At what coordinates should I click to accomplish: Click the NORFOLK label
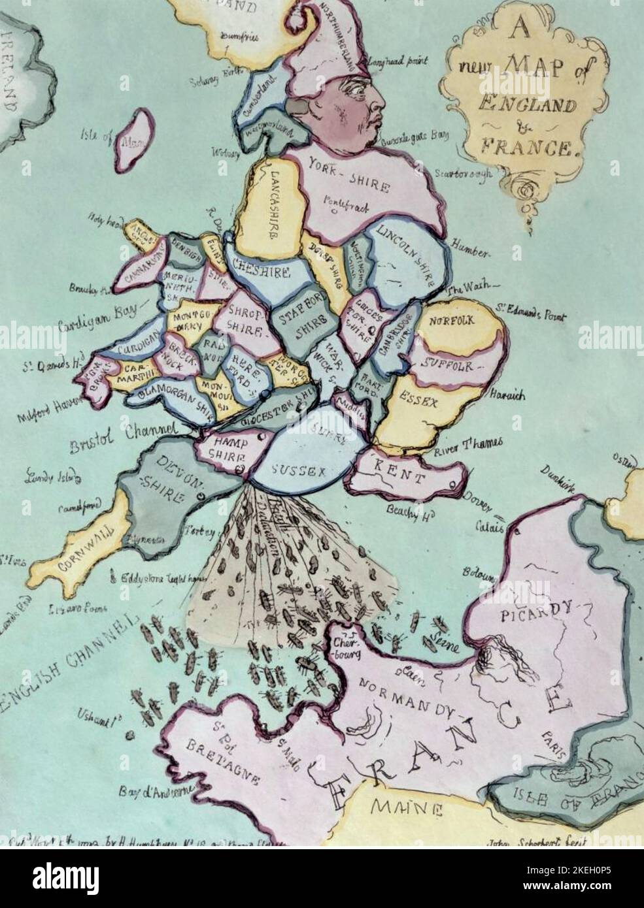pos(452,321)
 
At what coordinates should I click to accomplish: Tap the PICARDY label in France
pos(535,613)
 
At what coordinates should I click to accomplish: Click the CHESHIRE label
pos(258,269)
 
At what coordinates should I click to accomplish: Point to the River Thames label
pos(468,445)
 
